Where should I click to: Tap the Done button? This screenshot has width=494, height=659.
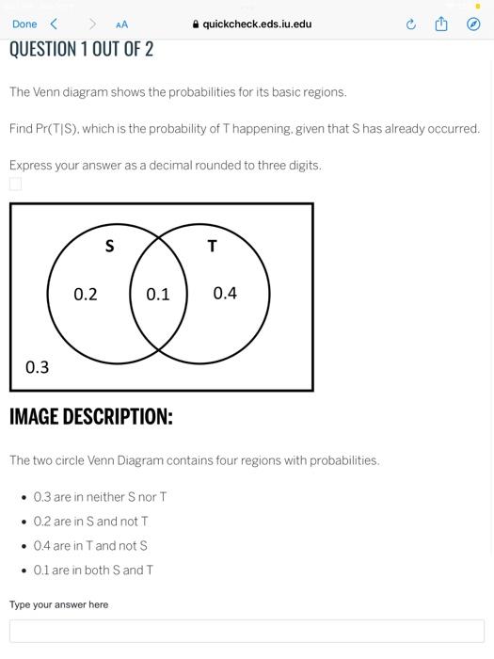pyautogui.click(x=24, y=24)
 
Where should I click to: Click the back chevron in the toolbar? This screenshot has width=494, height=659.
pyautogui.click(x=54, y=24)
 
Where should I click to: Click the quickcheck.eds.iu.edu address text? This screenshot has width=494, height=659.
pyautogui.click(x=256, y=24)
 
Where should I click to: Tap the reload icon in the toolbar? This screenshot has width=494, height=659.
pyautogui.click(x=410, y=24)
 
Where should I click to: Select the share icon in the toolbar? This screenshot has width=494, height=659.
pyautogui.click(x=441, y=24)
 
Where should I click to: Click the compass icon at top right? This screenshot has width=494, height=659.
pyautogui.click(x=473, y=24)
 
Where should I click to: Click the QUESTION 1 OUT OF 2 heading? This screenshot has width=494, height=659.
pyautogui.click(x=81, y=49)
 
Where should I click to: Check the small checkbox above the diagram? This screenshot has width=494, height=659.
pyautogui.click(x=15, y=184)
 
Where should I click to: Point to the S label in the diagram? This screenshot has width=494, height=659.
pyautogui.click(x=109, y=247)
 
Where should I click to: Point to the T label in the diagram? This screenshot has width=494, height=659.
pyautogui.click(x=212, y=247)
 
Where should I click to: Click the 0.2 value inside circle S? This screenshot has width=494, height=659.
pyautogui.click(x=86, y=294)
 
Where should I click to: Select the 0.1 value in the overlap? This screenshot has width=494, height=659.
pyautogui.click(x=158, y=294)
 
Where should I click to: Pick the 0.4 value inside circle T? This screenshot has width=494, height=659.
pyautogui.click(x=225, y=293)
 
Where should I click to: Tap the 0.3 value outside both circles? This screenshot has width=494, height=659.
pyautogui.click(x=37, y=367)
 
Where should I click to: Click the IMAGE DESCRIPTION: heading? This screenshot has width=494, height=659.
pyautogui.click(x=91, y=416)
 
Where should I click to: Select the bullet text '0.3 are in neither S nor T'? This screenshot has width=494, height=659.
pyautogui.click(x=100, y=497)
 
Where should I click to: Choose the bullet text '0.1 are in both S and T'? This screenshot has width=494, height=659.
pyautogui.click(x=93, y=571)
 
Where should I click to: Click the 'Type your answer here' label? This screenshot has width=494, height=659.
pyautogui.click(x=58, y=604)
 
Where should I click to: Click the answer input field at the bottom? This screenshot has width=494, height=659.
pyautogui.click(x=247, y=631)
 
